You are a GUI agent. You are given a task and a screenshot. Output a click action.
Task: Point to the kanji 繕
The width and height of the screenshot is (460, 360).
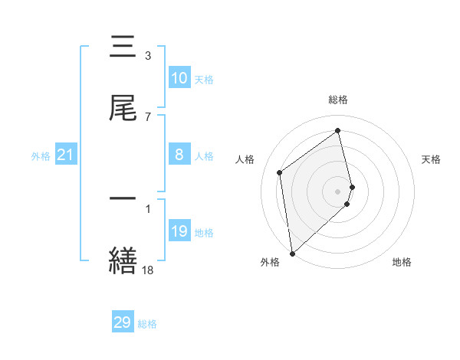(123, 260)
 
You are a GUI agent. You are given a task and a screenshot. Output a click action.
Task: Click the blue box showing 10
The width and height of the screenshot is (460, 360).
(179, 78)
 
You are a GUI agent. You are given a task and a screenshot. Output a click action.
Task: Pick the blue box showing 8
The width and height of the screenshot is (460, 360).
(179, 155)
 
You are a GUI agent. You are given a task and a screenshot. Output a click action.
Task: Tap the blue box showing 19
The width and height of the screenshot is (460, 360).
(179, 231)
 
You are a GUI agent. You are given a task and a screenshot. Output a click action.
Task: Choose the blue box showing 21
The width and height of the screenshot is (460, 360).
(66, 155)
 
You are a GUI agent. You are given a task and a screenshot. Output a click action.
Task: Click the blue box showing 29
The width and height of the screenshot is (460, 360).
(123, 322)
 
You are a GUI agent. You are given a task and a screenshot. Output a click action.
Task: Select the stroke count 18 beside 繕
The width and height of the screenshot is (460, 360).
(148, 269)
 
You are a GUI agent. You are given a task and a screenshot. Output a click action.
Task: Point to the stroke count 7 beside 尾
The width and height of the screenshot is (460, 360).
(148, 116)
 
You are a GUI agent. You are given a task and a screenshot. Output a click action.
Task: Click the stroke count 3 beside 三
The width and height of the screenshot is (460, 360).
(148, 56)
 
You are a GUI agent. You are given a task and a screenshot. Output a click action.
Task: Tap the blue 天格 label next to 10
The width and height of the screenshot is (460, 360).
(204, 80)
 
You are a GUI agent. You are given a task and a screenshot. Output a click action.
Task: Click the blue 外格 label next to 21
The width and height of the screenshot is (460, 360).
(41, 156)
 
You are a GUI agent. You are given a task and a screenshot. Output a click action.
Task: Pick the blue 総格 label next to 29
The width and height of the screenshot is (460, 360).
(147, 324)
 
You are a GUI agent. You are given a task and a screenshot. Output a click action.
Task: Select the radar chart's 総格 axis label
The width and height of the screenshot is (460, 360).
(338, 100)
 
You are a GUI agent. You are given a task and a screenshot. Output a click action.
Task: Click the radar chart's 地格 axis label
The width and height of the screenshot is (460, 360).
(402, 262)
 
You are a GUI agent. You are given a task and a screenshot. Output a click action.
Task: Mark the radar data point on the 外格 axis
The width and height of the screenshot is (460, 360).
(291, 253)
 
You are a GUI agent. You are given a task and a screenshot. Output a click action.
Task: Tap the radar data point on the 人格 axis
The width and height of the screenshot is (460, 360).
(280, 172)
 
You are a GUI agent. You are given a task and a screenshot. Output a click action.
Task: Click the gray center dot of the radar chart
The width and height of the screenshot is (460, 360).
(338, 190)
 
